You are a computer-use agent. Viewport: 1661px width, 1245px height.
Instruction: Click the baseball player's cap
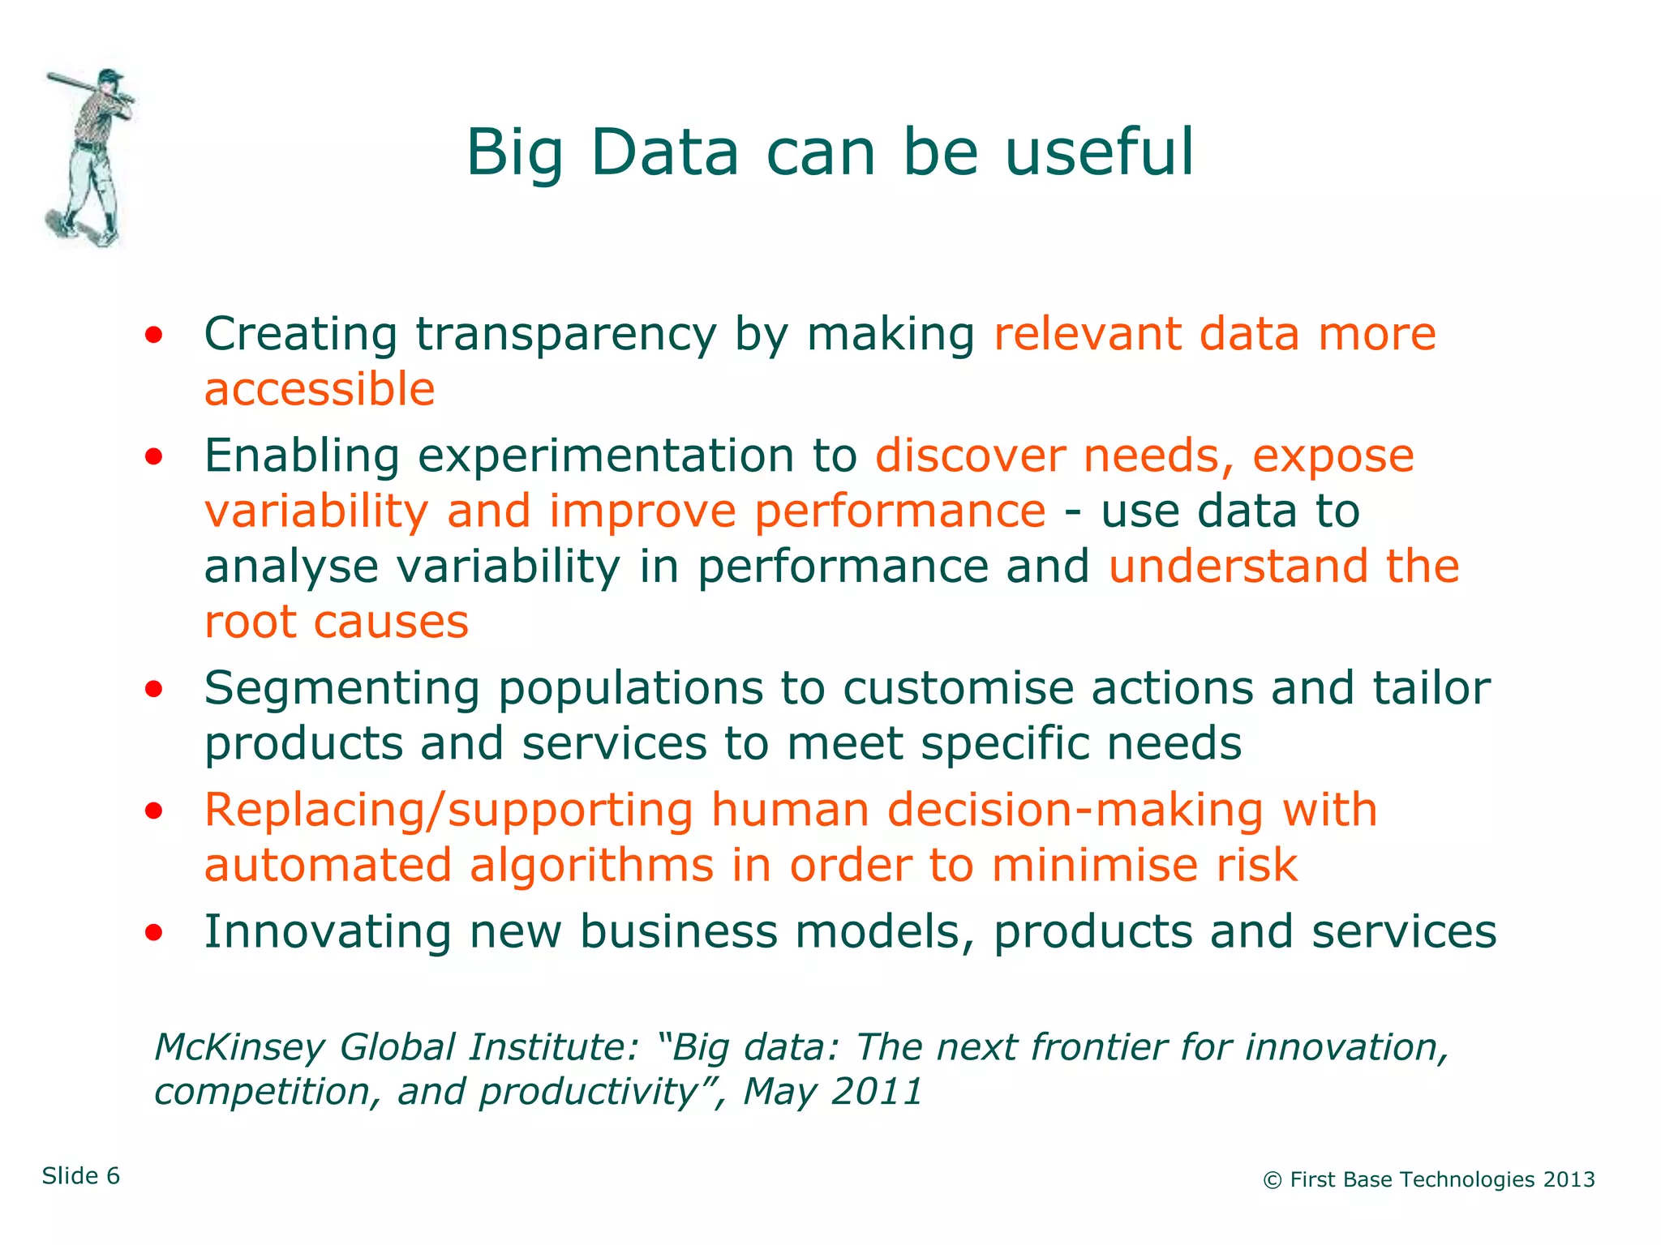coord(110,76)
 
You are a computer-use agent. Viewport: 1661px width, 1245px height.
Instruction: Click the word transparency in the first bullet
coord(565,334)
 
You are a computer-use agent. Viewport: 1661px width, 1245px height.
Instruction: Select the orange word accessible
coord(319,389)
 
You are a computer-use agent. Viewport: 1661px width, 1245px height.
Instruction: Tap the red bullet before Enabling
coord(154,457)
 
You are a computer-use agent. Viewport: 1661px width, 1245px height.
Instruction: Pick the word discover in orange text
coord(969,456)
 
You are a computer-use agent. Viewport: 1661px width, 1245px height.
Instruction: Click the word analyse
coord(291,567)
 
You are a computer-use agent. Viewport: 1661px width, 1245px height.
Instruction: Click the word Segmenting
coord(341,690)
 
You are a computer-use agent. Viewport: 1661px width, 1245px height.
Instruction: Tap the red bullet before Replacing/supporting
coord(154,811)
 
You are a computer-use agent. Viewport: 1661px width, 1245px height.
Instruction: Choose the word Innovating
coord(327,931)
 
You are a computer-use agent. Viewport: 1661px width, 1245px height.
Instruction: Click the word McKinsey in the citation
coord(239,1047)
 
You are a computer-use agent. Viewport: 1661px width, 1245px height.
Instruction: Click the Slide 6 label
coord(81,1176)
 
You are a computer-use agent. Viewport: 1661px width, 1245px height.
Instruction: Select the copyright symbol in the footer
coord(1272,1181)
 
